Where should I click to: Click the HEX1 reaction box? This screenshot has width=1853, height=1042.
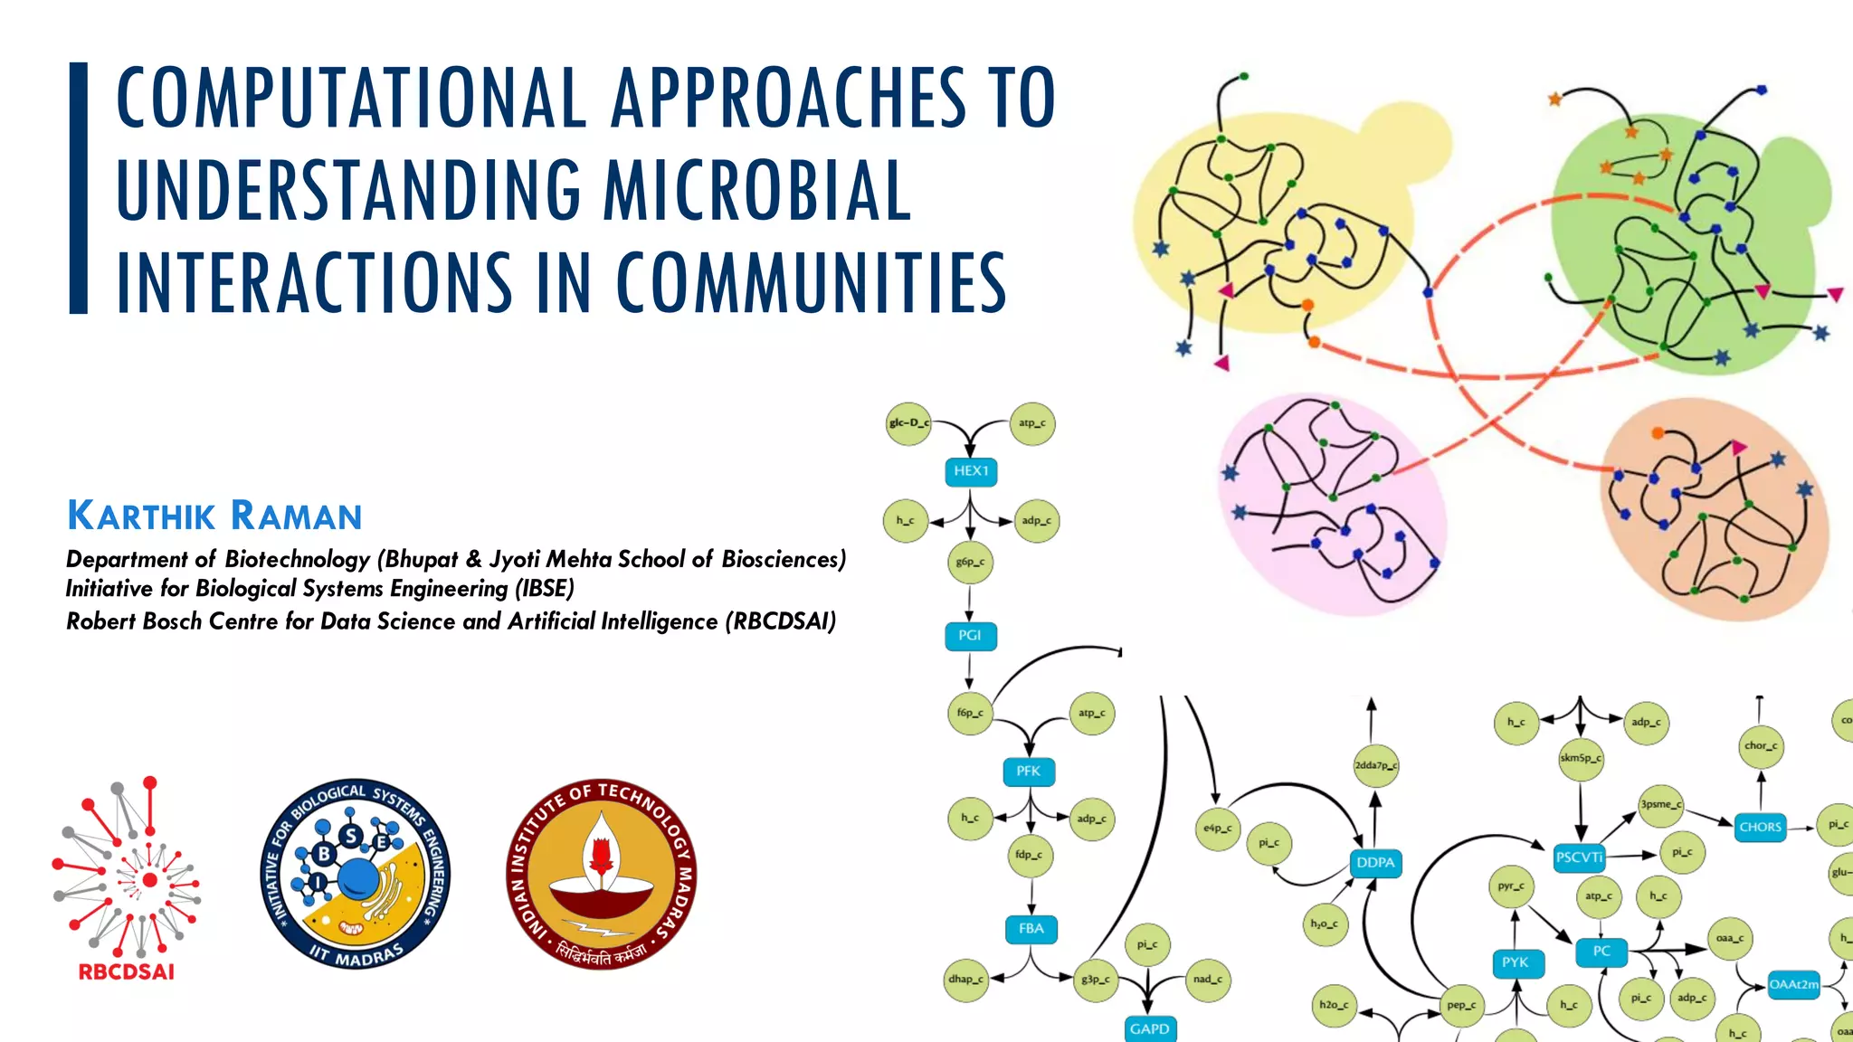971,471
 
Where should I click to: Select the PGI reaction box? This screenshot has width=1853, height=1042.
970,636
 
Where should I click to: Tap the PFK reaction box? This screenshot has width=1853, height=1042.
1029,772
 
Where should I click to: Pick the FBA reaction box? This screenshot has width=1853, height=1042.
1031,929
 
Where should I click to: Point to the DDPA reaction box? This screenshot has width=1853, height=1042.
1375,863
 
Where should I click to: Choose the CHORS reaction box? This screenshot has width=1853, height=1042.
1760,827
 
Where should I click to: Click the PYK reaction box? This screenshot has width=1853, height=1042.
1515,962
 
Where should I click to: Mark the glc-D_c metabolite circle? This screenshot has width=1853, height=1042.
908,423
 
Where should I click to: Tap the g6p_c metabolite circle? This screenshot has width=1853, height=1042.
970,562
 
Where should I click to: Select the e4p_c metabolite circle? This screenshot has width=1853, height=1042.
1218,828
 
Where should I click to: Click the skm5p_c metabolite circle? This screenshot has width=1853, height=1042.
1581,758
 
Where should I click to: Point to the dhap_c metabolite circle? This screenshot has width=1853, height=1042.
965,979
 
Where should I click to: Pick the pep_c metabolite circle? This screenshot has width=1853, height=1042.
1460,1005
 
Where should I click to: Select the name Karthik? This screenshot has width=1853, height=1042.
142,516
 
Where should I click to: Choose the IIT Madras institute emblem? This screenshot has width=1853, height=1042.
601,874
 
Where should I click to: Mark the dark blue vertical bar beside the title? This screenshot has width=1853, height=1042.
79,188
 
